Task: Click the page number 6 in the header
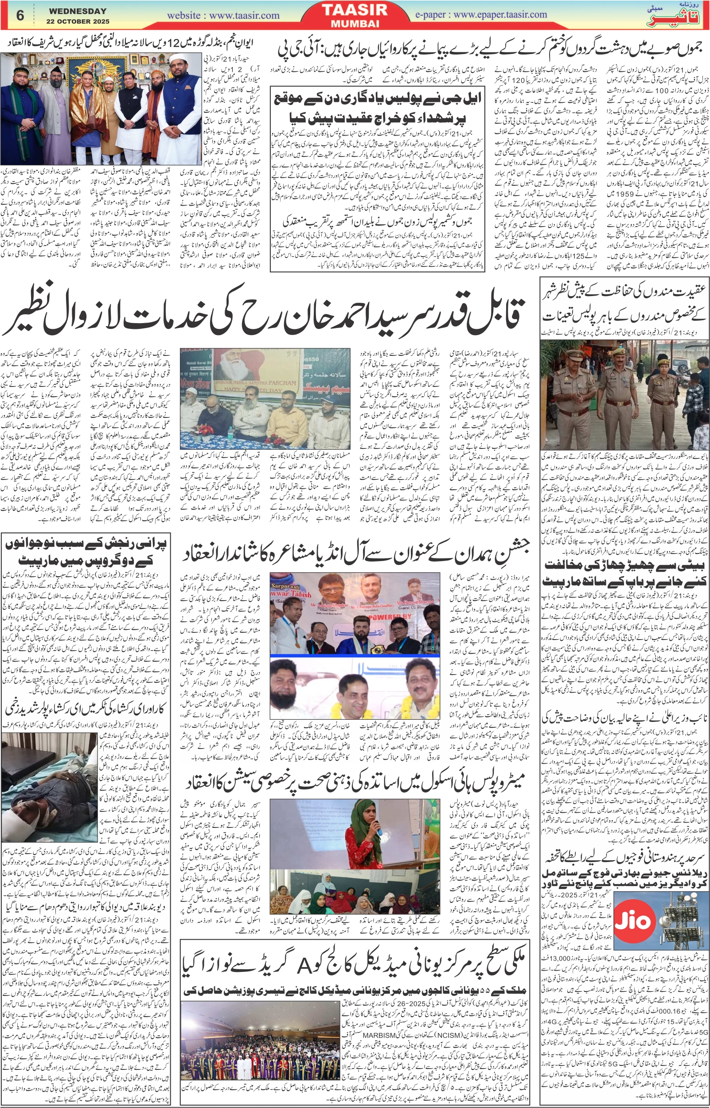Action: (20, 15)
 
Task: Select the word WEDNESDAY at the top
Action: (78, 11)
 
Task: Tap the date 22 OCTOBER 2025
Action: (78, 22)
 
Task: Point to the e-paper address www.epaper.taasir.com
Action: (500, 14)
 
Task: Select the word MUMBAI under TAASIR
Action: (355, 23)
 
